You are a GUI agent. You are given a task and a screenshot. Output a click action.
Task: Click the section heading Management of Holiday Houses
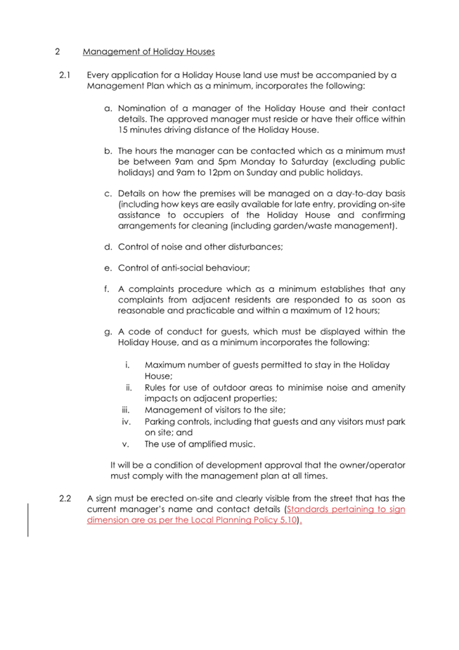coord(148,51)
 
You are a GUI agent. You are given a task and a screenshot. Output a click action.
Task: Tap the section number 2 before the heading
coord(57,51)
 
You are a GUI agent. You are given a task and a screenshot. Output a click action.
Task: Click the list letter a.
coord(108,108)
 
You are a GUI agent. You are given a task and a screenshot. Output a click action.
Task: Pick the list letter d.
coord(108,247)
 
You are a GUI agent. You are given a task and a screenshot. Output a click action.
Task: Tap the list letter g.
coord(108,331)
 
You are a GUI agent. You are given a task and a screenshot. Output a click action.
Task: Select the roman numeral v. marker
coord(127,444)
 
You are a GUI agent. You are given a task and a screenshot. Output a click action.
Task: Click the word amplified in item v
coord(205,444)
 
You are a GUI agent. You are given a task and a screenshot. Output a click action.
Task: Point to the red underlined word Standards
coord(310,509)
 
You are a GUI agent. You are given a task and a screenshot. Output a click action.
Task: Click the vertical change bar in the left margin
coord(28,520)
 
